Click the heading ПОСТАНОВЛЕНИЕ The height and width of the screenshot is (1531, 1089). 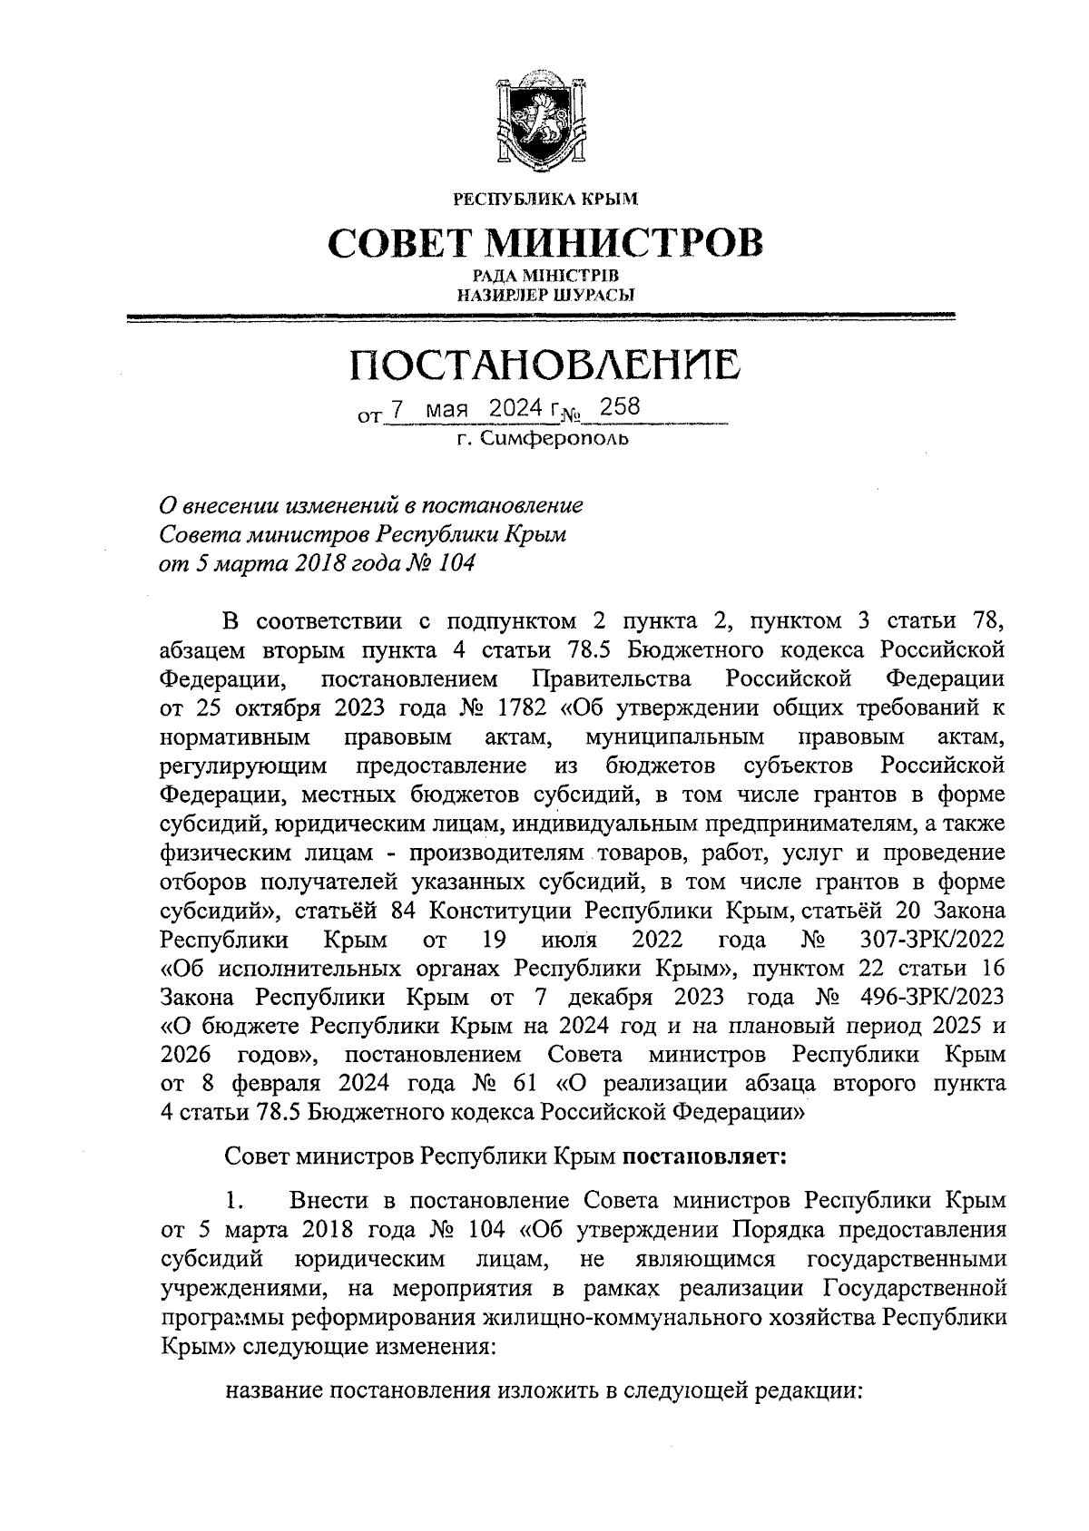coord(544,366)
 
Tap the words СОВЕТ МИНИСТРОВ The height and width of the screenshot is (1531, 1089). coord(544,242)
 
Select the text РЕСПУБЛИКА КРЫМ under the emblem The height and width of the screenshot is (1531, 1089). coord(544,197)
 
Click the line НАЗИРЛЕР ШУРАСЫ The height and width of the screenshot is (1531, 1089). coord(544,293)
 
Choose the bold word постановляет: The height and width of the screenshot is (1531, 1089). coord(696,1157)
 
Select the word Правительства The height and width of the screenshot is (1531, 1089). coord(612,678)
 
